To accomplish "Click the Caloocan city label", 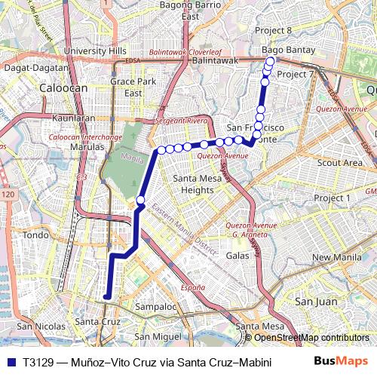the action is (x=64, y=87).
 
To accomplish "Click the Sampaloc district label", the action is (x=155, y=307).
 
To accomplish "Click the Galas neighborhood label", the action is (x=238, y=256).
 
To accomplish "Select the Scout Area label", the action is (x=339, y=162).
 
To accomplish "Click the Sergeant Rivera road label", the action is (x=181, y=121).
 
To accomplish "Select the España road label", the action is (x=194, y=288).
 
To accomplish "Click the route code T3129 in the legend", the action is (x=38, y=362).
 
